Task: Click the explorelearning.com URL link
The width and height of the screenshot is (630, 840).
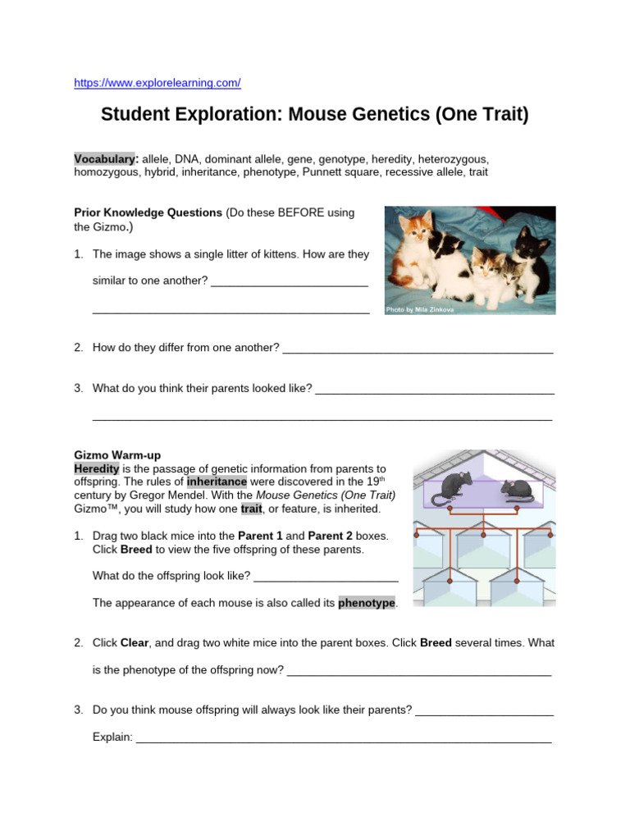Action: pyautogui.click(x=157, y=83)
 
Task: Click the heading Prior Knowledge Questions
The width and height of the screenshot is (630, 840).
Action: pyautogui.click(x=148, y=212)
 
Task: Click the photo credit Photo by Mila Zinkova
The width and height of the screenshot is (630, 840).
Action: pyautogui.click(x=419, y=310)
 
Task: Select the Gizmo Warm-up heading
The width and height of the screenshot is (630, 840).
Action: pyautogui.click(x=117, y=454)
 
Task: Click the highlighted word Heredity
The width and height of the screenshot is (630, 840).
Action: pyautogui.click(x=97, y=468)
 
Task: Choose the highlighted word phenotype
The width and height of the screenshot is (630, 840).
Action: pyautogui.click(x=367, y=603)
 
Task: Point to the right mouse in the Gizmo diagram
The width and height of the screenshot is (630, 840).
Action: pyautogui.click(x=518, y=491)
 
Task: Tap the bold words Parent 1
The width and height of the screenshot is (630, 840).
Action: pyautogui.click(x=260, y=536)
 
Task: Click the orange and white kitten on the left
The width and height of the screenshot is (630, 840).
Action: pyautogui.click(x=415, y=253)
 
